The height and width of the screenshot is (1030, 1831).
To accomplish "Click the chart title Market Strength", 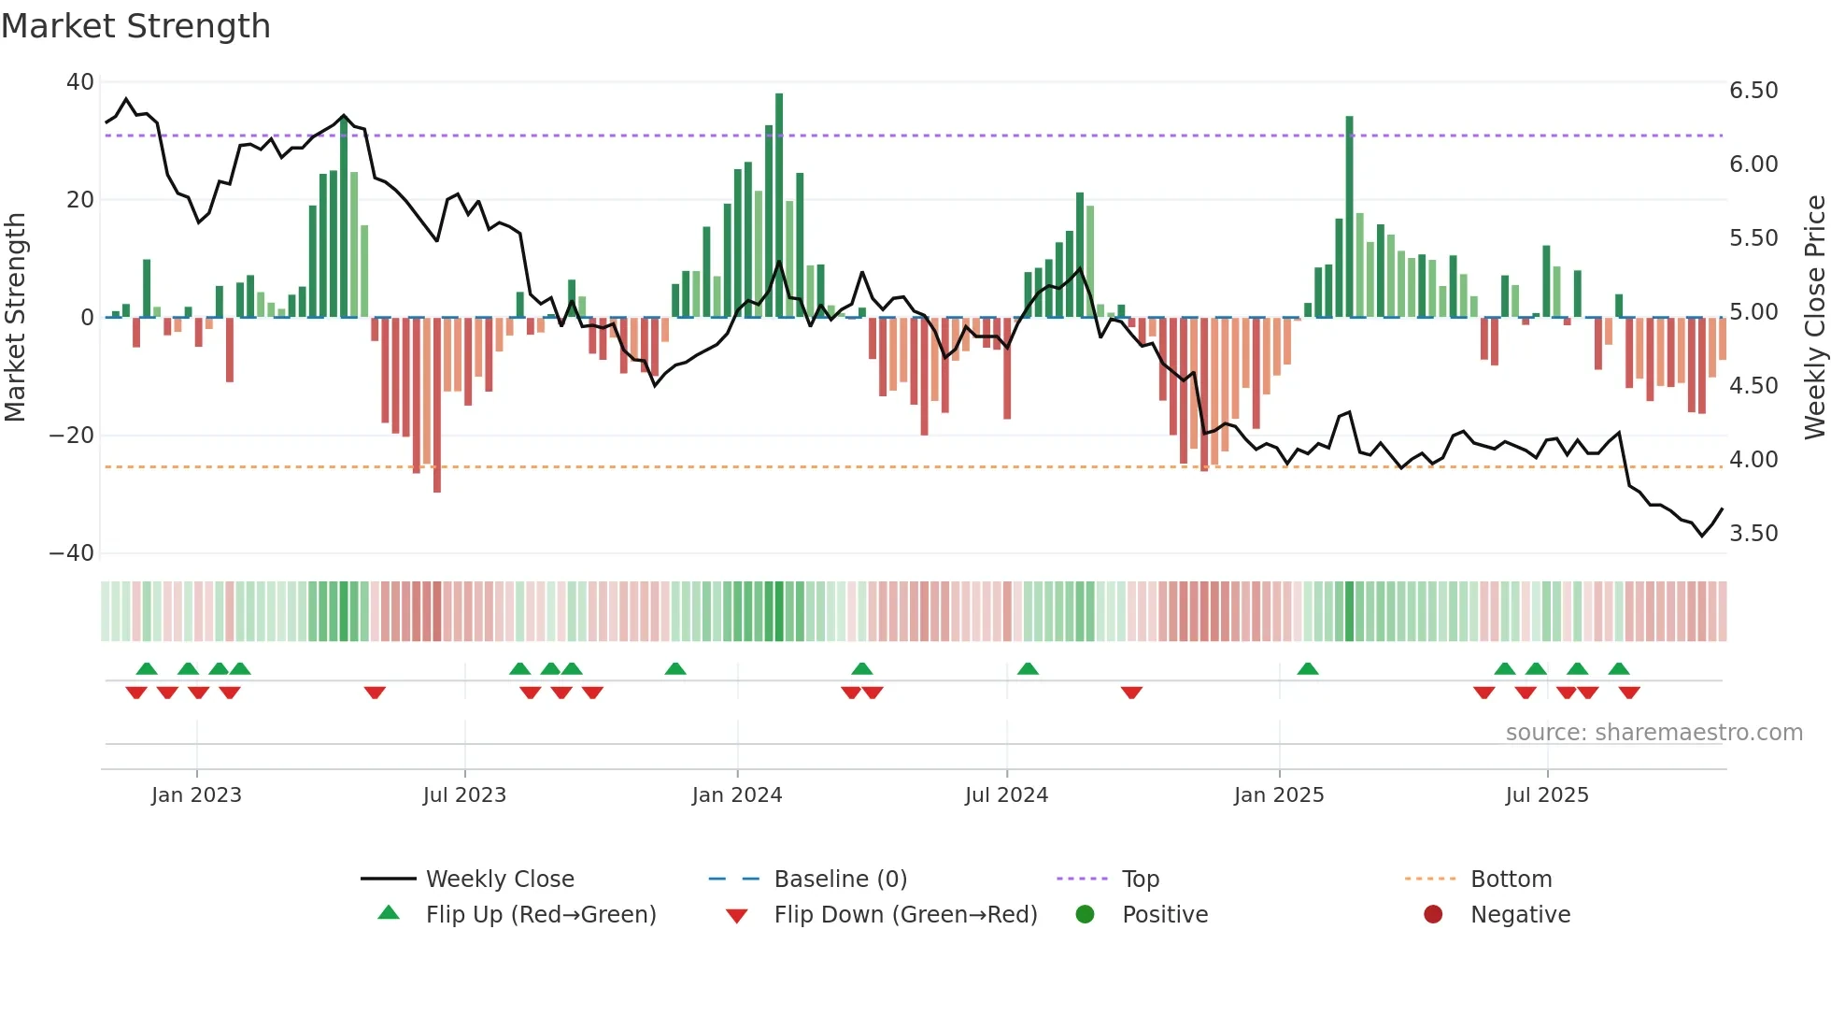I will (135, 26).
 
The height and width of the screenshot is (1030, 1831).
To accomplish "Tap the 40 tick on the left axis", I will (80, 82).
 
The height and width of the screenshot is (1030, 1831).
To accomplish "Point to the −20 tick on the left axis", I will (72, 436).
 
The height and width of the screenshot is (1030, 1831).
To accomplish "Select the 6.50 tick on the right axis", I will (1753, 91).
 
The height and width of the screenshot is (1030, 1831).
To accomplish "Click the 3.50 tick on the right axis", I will (1753, 534).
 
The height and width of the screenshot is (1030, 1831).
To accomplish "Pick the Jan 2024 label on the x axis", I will (736, 795).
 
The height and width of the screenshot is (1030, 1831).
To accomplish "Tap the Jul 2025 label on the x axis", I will (1546, 795).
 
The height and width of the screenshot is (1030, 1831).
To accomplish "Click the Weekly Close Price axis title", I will (1814, 317).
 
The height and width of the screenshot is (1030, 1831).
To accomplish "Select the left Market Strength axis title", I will (15, 317).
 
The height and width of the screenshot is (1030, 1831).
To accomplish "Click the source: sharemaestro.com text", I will (1654, 733).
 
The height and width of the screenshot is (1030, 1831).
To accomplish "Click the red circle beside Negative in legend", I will (1432, 915).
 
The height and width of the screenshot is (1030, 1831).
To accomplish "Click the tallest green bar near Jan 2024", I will (779, 206).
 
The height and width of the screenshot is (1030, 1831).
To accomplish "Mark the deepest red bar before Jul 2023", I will (437, 404).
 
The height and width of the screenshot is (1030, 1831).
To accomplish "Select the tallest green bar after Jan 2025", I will (1349, 217).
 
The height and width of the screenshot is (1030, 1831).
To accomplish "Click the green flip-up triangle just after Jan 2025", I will (1308, 669).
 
